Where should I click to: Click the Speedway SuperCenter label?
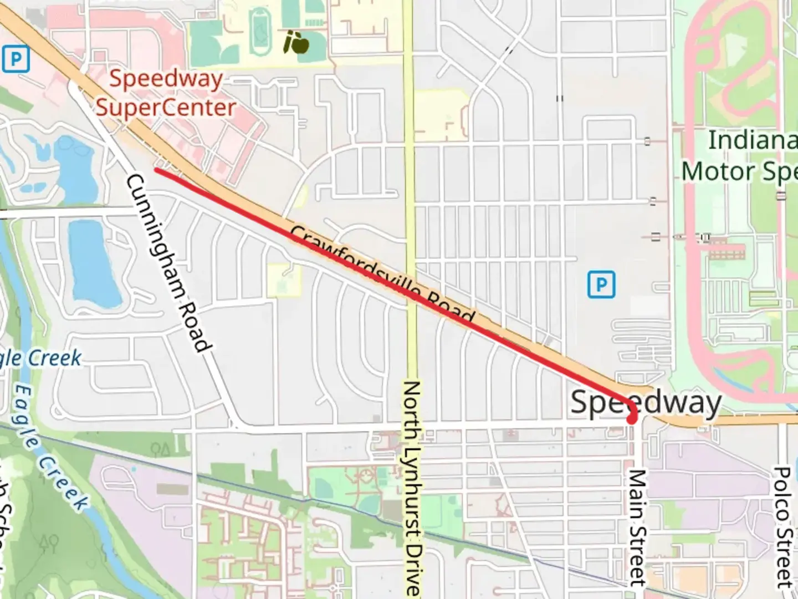pos(166,93)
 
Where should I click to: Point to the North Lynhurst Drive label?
pos(412,488)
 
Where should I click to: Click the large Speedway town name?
pos(646,403)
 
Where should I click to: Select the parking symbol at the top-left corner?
pos(16,59)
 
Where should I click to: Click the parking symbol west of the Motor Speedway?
pos(601,285)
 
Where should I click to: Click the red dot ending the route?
pos(631,419)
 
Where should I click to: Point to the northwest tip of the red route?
pos(157,170)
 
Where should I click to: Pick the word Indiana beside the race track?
pos(753,140)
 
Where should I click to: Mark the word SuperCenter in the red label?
pos(166,107)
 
